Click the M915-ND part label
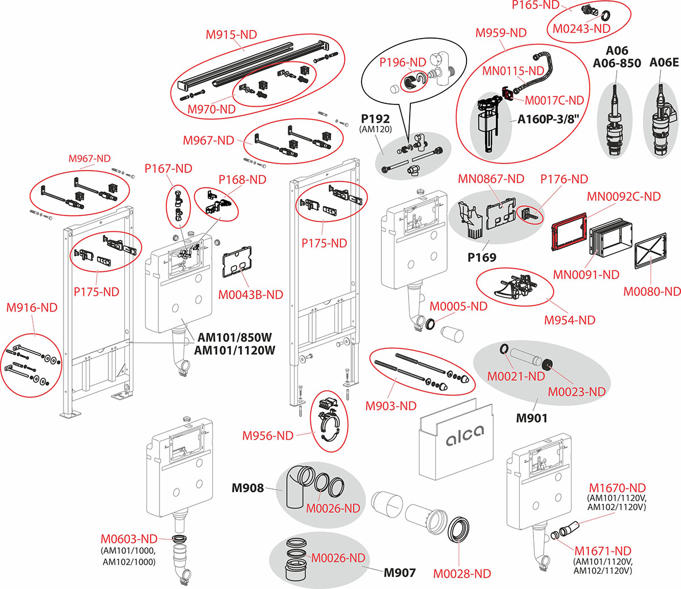(x=231, y=35)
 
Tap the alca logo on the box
(x=465, y=436)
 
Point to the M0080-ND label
(x=651, y=292)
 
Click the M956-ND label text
(x=267, y=436)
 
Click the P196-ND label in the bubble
(x=402, y=62)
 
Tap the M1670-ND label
(x=617, y=488)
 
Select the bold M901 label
(x=531, y=419)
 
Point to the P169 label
(x=481, y=258)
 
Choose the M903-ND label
(x=390, y=406)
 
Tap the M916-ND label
(x=32, y=308)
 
